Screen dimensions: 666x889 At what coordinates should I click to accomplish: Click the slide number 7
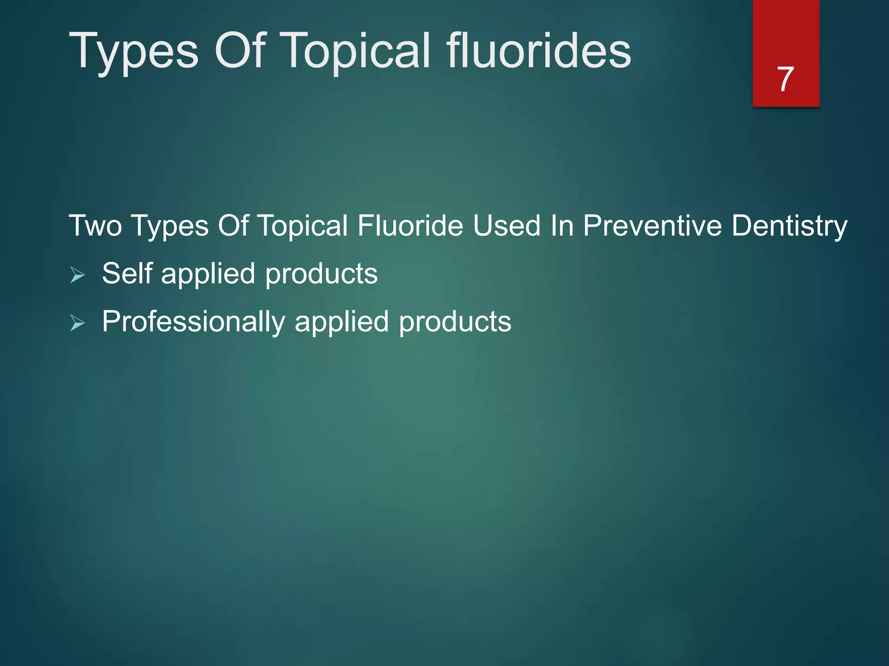(785, 79)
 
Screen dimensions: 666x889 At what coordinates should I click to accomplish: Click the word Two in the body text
(95, 226)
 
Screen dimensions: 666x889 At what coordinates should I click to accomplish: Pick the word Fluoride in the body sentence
(410, 226)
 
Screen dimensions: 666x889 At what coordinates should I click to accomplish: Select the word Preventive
(652, 226)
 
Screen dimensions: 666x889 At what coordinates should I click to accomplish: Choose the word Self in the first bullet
(127, 274)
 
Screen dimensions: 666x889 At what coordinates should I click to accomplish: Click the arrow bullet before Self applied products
(77, 275)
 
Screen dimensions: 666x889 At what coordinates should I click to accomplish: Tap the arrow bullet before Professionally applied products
(77, 323)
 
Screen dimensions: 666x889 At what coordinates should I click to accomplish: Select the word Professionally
(194, 323)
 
